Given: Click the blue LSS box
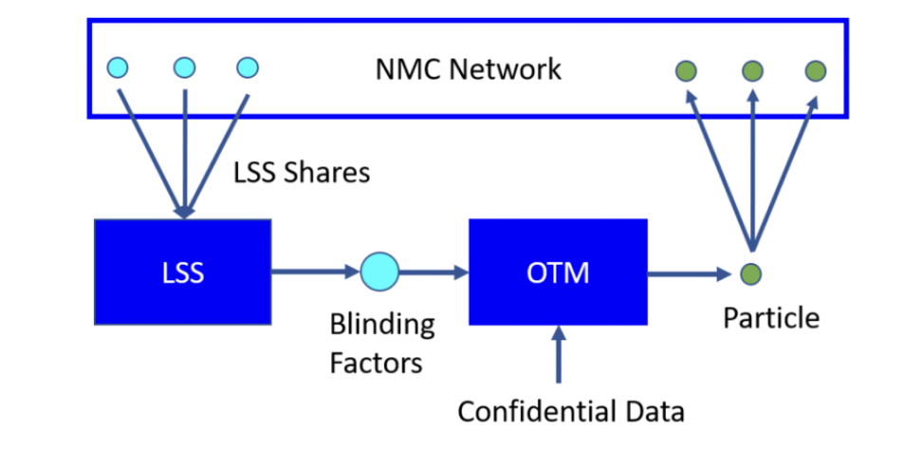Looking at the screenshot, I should (x=182, y=272).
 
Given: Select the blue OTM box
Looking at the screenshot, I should (x=558, y=272).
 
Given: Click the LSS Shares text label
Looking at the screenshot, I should (x=301, y=173).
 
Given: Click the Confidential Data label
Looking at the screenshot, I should (x=570, y=411).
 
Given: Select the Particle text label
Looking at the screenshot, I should (x=771, y=317).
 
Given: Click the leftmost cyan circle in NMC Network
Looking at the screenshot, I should (x=119, y=67).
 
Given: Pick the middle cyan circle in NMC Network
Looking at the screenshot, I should (x=184, y=67).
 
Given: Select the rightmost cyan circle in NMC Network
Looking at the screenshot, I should (x=248, y=67).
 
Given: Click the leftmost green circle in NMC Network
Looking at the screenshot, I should (x=685, y=70).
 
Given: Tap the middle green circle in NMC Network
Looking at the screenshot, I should (x=752, y=70).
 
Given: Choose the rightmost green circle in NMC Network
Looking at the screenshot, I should (x=815, y=70).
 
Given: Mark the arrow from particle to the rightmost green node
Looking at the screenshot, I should (x=784, y=171).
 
